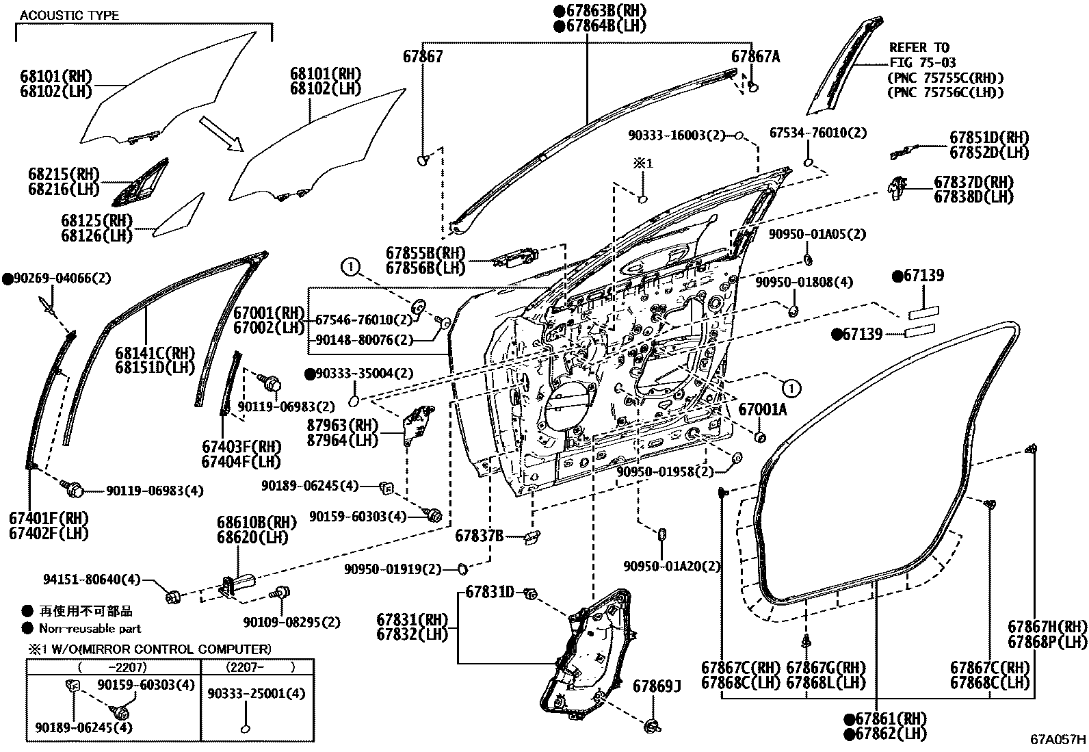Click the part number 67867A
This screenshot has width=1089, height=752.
pos(755,57)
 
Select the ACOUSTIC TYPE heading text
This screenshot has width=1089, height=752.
pos(69,15)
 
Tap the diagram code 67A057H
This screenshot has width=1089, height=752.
pos(1058,740)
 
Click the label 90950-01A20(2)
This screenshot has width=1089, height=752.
pos(672,566)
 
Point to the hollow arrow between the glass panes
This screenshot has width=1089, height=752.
pos(221,133)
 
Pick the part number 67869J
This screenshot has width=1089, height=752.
pos(657,686)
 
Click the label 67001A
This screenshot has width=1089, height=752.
pos(763,409)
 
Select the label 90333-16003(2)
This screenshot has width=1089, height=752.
pos(676,135)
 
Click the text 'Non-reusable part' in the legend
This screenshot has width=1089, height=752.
pos(90,628)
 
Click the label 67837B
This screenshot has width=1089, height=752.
pos(479,536)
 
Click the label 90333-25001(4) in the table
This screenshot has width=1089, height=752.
pos(256,693)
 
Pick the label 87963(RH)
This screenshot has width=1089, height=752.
pos(342,425)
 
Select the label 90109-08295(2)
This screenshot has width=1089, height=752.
pos(291,622)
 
